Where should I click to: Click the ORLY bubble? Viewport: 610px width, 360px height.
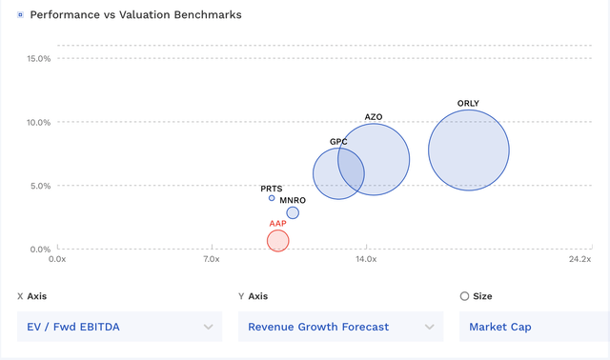pyautogui.click(x=468, y=150)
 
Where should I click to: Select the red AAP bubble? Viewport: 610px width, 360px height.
pyautogui.click(x=277, y=240)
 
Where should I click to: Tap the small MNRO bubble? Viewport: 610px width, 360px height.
pyautogui.click(x=293, y=212)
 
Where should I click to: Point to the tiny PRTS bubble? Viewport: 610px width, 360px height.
pyautogui.click(x=272, y=198)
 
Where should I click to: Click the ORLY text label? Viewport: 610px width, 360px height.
pyautogui.click(x=468, y=103)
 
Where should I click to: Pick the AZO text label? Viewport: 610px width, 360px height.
pyautogui.click(x=374, y=116)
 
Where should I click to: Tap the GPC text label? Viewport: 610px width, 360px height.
pyautogui.click(x=338, y=141)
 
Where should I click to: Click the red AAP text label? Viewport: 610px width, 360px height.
pyautogui.click(x=277, y=223)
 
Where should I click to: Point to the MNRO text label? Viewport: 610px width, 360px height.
pyautogui.click(x=293, y=200)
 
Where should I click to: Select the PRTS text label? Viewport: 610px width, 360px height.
pyautogui.click(x=272, y=188)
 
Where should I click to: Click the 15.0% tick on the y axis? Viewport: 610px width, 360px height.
pyautogui.click(x=39, y=58)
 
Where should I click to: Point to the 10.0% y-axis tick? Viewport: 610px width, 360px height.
pyautogui.click(x=39, y=122)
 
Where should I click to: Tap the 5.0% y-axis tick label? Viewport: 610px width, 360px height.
pyautogui.click(x=38, y=186)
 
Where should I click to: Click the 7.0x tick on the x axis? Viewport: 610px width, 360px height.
pyautogui.click(x=212, y=259)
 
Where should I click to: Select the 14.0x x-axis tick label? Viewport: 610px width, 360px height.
pyautogui.click(x=366, y=259)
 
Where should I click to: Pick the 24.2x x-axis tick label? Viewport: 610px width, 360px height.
pyautogui.click(x=579, y=259)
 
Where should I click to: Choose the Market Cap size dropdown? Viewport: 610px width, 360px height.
pyautogui.click(x=534, y=327)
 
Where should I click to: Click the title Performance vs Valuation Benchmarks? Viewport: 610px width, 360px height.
pyautogui.click(x=135, y=15)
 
